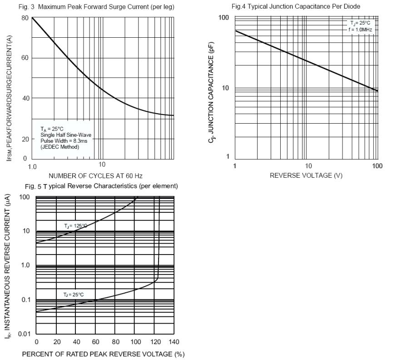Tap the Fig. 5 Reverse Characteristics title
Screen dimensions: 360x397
(x=101, y=186)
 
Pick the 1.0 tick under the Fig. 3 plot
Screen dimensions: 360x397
(x=32, y=167)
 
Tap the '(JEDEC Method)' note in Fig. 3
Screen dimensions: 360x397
(x=60, y=147)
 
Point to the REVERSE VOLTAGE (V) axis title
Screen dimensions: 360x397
(x=306, y=175)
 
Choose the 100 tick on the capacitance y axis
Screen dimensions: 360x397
(x=223, y=17)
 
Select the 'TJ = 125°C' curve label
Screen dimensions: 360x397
(x=75, y=226)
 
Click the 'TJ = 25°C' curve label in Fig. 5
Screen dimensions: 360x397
(x=74, y=295)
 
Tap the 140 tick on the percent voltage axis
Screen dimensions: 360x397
(x=174, y=342)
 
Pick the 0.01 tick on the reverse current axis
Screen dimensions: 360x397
(x=24, y=334)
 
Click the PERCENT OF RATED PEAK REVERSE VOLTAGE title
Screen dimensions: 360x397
(x=103, y=354)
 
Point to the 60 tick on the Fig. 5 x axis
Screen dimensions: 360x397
(x=96, y=342)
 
